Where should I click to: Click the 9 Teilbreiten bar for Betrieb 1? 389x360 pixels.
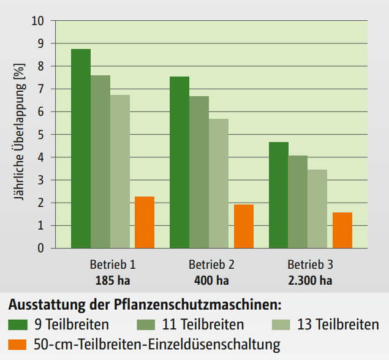tap(81, 148)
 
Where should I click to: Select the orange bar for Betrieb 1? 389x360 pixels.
tap(145, 222)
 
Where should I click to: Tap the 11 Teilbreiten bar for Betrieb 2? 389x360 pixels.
tap(199, 172)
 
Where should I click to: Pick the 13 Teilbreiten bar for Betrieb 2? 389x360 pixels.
tap(219, 183)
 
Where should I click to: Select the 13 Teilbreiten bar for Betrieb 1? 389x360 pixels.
tap(120, 171)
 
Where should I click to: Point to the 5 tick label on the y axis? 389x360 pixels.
tap(41, 134)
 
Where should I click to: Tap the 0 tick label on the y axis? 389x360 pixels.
tap(41, 248)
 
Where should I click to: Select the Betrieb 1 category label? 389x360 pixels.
tap(112, 265)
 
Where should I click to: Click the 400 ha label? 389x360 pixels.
tap(211, 281)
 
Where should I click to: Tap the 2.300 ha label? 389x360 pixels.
tap(311, 281)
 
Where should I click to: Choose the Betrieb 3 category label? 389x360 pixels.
tap(311, 265)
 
